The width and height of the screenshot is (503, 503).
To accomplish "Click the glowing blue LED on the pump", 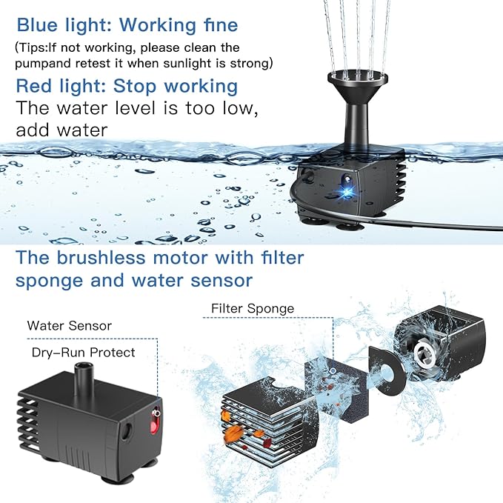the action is [347, 193].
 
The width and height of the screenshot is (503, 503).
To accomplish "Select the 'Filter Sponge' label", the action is [253, 309].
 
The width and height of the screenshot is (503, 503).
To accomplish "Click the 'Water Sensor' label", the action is [70, 326].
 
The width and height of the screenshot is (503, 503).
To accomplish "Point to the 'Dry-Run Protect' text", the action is [84, 353].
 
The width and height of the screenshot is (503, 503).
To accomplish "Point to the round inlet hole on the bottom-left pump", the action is [126, 431].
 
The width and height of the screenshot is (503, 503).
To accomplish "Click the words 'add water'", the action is [61, 130].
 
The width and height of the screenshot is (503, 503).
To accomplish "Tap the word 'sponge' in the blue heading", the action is [50, 282].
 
